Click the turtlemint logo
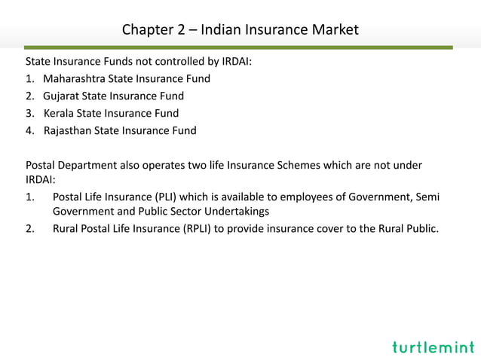pos(433,347)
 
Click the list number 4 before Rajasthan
pos(29,131)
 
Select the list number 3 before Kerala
pos(29,114)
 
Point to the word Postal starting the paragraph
pos(42,165)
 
